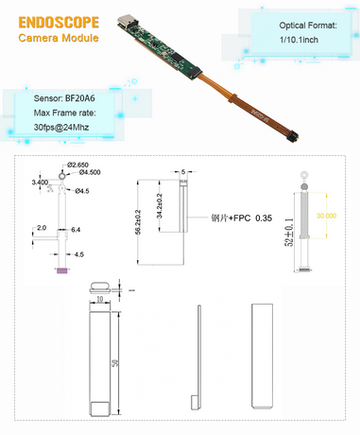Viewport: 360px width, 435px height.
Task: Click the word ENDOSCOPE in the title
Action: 54,22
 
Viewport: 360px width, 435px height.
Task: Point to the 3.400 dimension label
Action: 40,181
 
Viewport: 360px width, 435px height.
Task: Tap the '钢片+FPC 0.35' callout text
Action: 240,217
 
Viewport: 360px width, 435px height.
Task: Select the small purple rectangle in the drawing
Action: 61,271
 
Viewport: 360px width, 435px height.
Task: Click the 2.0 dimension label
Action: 42,228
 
